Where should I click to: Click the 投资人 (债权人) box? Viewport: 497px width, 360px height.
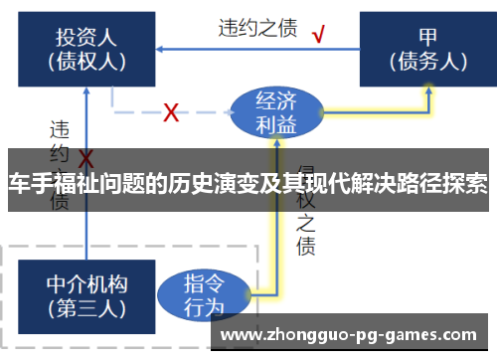(x=85, y=49)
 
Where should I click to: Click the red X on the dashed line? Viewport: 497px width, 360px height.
(x=171, y=112)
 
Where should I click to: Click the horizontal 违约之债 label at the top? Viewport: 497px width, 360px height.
(x=258, y=29)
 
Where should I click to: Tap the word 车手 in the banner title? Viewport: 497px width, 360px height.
(x=28, y=185)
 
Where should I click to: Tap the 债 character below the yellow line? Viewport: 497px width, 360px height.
(x=305, y=246)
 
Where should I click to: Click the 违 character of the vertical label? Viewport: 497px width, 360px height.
(x=60, y=129)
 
